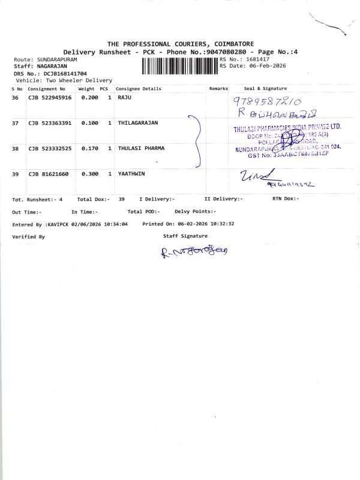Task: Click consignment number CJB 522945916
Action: [x=50, y=97]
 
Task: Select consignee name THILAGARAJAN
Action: [x=138, y=123]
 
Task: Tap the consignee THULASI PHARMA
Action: [x=141, y=148]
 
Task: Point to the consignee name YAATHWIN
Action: [x=131, y=173]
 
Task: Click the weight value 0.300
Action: [x=89, y=173]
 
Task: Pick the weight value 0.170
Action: [x=89, y=148]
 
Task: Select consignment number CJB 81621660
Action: [x=48, y=173]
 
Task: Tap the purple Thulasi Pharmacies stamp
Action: [x=287, y=142]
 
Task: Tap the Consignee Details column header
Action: [x=139, y=89]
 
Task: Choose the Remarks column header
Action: [x=218, y=89]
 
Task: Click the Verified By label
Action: [x=28, y=237]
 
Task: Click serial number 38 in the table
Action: [x=16, y=148]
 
